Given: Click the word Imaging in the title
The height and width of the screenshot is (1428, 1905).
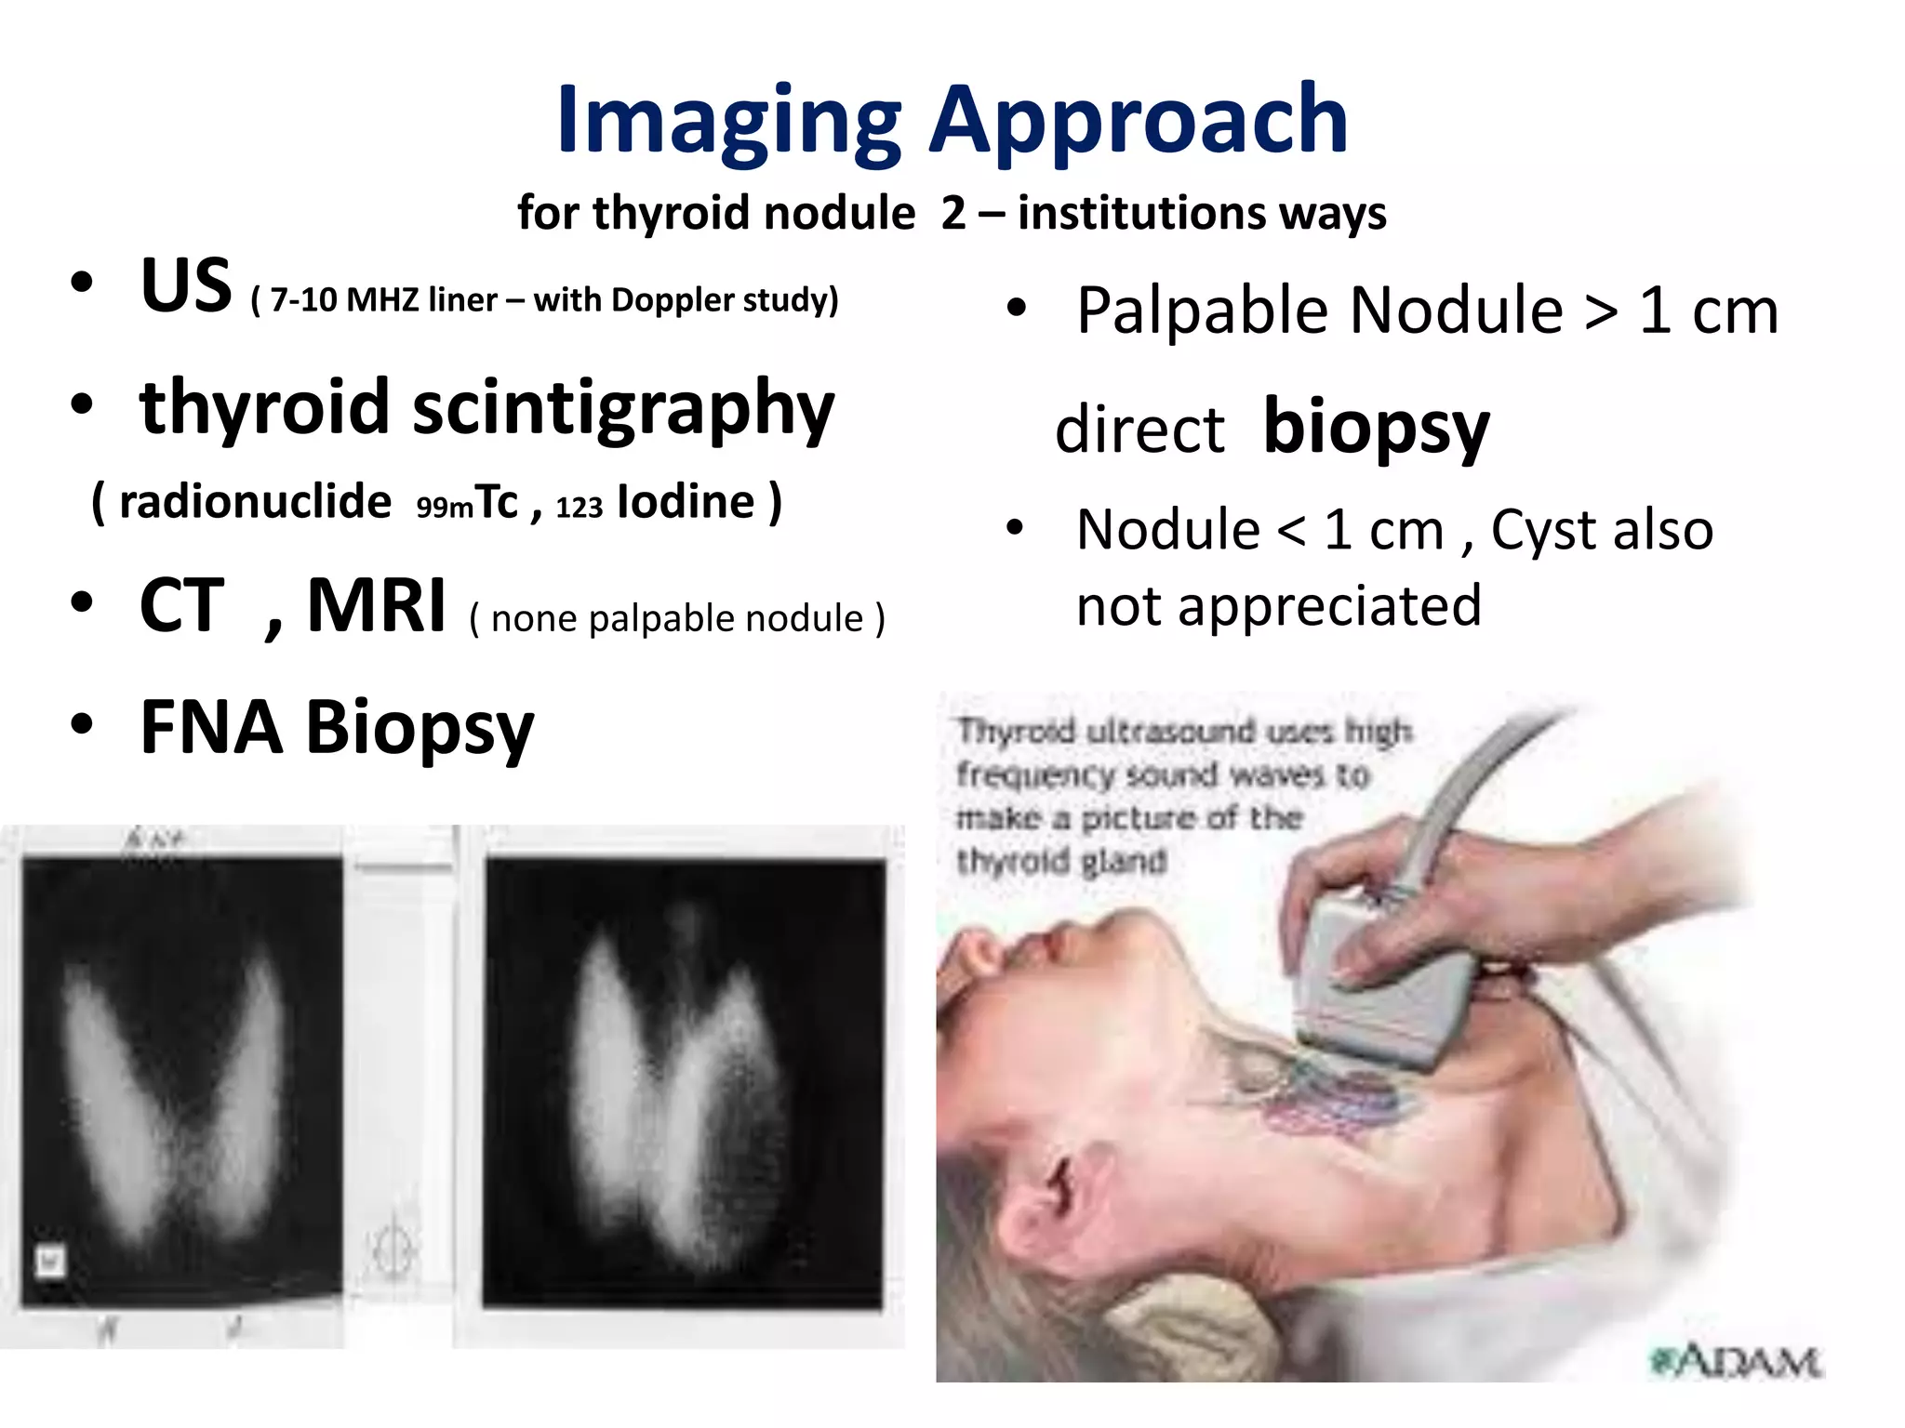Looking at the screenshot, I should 728,121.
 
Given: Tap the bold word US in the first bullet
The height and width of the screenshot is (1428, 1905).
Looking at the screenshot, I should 185,285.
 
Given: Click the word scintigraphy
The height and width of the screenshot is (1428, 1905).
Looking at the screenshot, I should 622,409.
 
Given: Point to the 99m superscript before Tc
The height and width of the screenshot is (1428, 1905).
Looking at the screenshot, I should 444,508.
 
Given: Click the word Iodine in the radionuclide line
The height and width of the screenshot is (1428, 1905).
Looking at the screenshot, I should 686,502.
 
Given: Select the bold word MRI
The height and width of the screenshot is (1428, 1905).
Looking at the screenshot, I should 376,606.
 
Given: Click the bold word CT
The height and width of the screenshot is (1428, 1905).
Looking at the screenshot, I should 181,606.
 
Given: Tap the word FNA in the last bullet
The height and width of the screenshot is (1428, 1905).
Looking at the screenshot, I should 211,727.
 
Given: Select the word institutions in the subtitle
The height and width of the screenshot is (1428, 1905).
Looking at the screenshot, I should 1141,213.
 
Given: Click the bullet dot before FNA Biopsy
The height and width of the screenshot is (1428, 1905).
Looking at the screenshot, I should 82,724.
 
